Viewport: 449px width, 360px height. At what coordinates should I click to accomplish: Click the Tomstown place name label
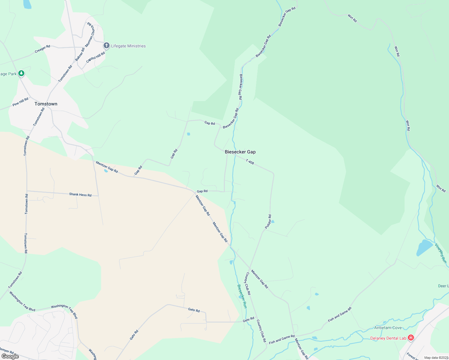click(46, 104)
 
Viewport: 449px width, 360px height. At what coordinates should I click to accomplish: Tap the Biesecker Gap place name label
click(240, 152)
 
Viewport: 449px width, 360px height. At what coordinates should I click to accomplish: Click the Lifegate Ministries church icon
click(106, 46)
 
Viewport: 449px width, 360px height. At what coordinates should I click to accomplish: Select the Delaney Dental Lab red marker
click(411, 338)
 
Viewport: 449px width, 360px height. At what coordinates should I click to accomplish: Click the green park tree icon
click(21, 73)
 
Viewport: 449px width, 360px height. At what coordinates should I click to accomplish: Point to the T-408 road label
click(250, 162)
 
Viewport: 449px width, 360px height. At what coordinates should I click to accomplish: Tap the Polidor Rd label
click(268, 222)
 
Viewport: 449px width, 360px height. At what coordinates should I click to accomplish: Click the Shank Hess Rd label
click(80, 195)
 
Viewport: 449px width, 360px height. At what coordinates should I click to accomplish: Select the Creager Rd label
click(42, 49)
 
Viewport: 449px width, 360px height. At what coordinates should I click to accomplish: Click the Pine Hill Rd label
click(20, 102)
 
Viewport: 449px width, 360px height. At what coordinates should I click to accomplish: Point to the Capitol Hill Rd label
click(95, 57)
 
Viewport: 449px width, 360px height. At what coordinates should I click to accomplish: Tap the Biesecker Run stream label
click(242, 296)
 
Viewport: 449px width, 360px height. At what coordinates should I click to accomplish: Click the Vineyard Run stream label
click(441, 253)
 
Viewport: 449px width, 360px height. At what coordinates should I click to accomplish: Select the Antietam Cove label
click(388, 328)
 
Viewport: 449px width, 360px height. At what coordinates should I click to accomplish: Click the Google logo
click(10, 356)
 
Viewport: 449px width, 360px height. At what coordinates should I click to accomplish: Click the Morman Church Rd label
click(90, 35)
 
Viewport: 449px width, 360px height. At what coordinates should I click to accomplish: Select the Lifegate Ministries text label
click(128, 46)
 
